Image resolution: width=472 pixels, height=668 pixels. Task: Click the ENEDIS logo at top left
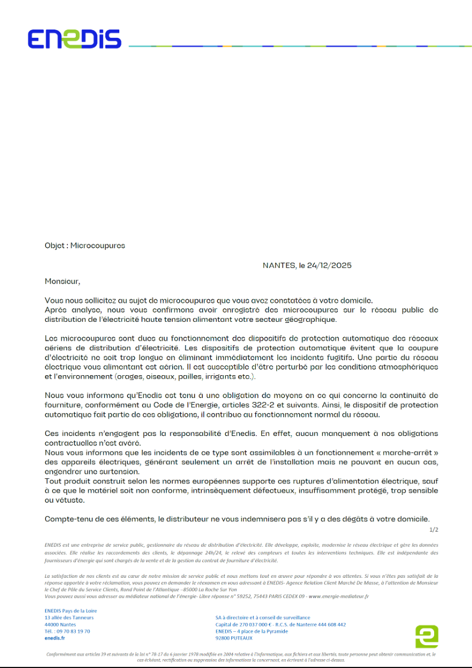tap(74, 38)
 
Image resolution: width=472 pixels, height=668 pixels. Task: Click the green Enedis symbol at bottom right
tap(426, 636)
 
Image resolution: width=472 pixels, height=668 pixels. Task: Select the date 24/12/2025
tap(333, 266)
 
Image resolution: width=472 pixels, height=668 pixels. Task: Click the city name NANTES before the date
tap(280, 266)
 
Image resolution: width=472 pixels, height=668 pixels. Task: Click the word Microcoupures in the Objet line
tap(98, 245)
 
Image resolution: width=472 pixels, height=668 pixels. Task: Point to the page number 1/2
tap(434, 529)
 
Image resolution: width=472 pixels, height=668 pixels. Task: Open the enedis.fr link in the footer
tap(55, 638)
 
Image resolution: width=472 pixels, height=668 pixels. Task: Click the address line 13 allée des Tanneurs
tap(69, 617)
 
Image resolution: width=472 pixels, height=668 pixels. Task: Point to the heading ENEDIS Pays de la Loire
tap(70, 611)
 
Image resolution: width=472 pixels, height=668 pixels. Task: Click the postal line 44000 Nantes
tap(60, 625)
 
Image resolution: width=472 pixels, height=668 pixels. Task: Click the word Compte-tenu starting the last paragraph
tap(66, 519)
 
